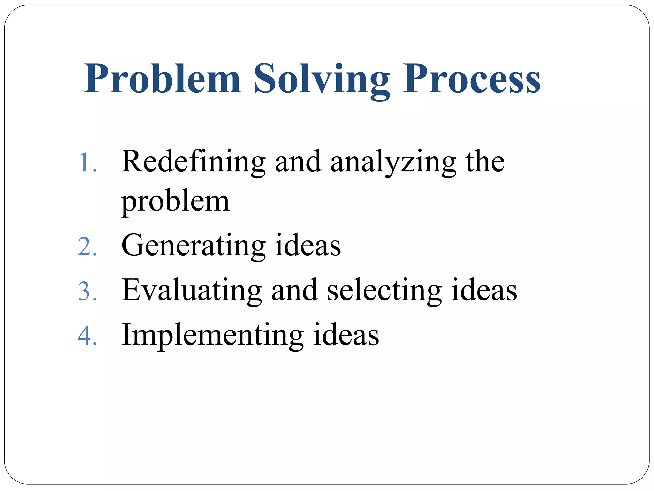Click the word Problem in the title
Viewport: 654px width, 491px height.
(x=162, y=79)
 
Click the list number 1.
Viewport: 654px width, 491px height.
(x=87, y=163)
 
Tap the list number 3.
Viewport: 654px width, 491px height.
(x=87, y=292)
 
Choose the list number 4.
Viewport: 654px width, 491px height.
(x=87, y=336)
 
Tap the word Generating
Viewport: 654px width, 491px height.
(x=193, y=246)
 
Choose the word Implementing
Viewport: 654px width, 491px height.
(x=212, y=336)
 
